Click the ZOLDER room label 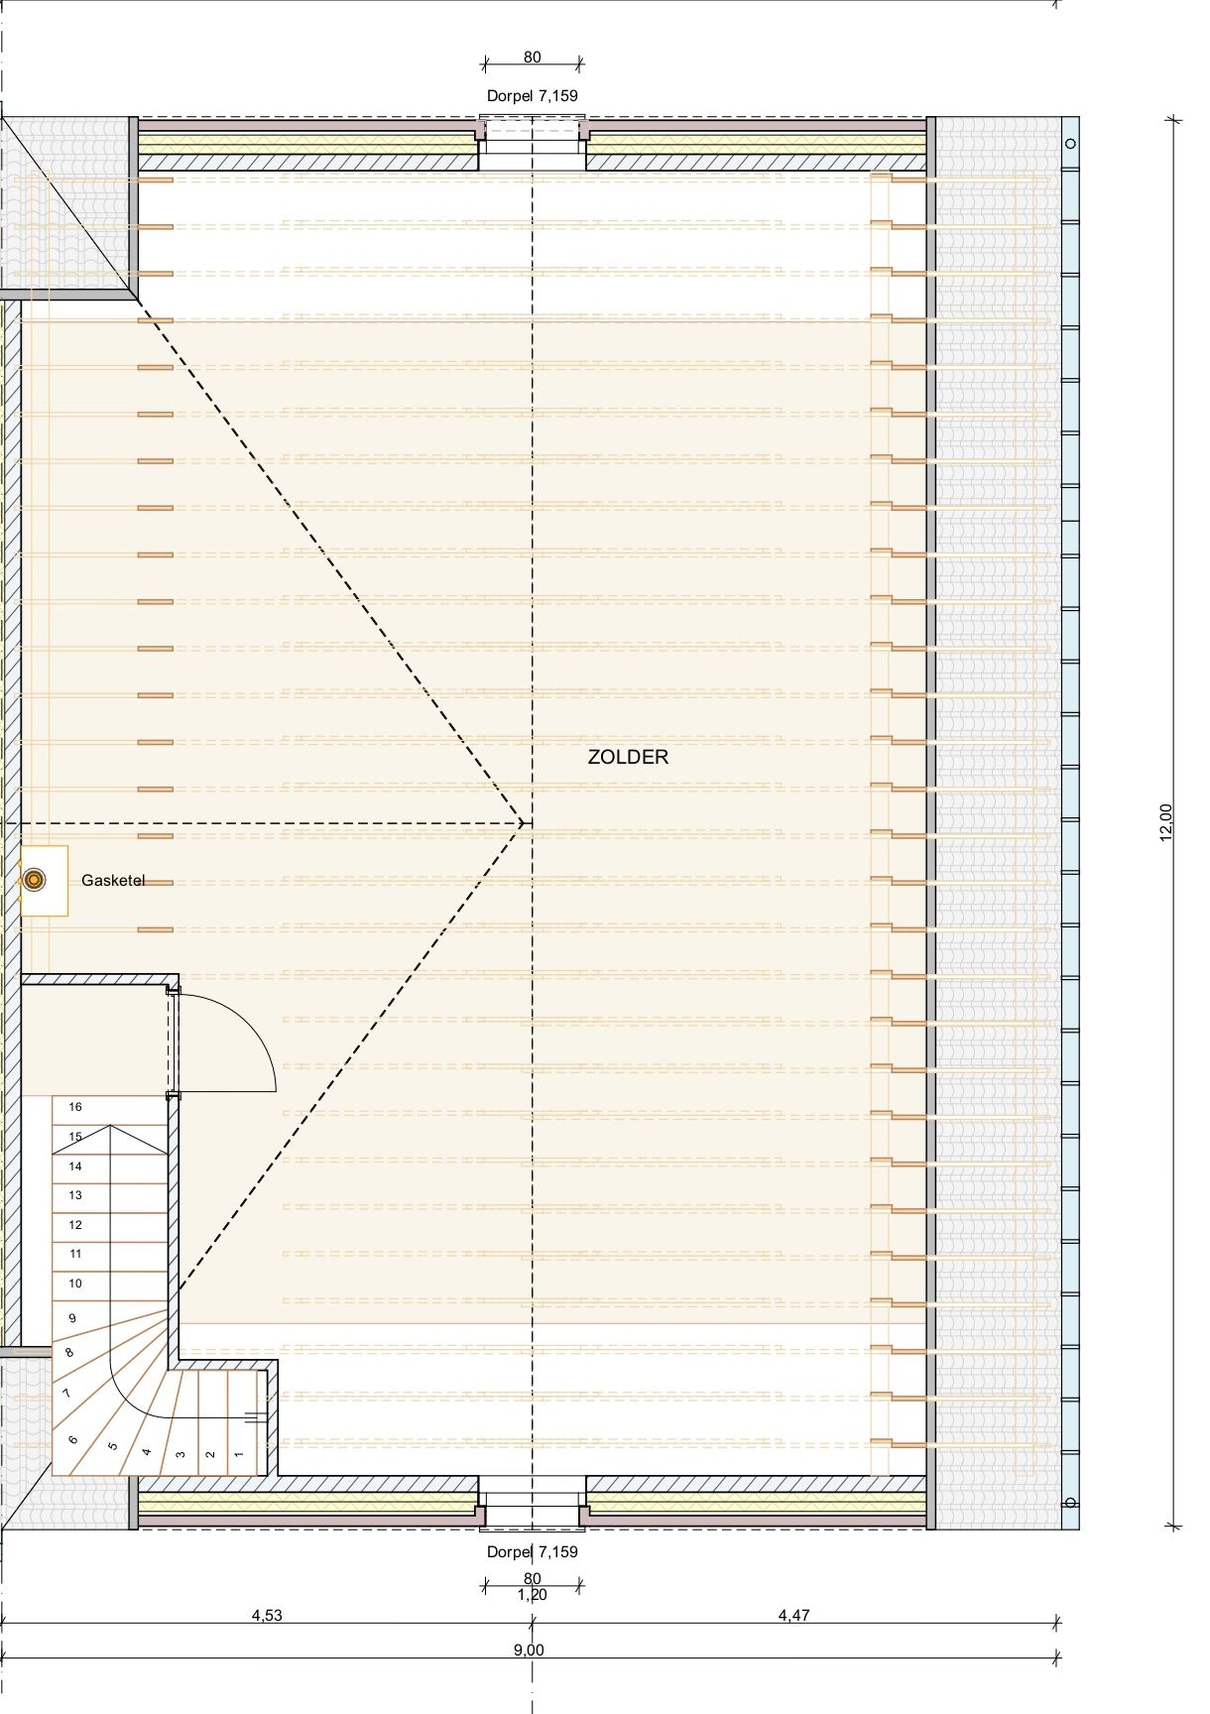[628, 757]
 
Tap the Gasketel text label [113, 880]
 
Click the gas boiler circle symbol [35, 879]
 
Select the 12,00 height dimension [1165, 822]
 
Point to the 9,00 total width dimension [529, 1651]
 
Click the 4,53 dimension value [267, 1615]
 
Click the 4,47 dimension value [793, 1615]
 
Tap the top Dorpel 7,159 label [533, 96]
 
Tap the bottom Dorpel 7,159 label [533, 1551]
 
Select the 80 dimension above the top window [533, 58]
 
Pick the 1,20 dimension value [533, 1595]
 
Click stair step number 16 [75, 1107]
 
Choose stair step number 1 [239, 1455]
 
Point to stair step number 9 [72, 1318]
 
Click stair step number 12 [75, 1225]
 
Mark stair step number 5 [113, 1445]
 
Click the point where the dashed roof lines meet [524, 823]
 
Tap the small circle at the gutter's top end [1070, 144]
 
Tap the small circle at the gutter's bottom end [1070, 1502]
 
